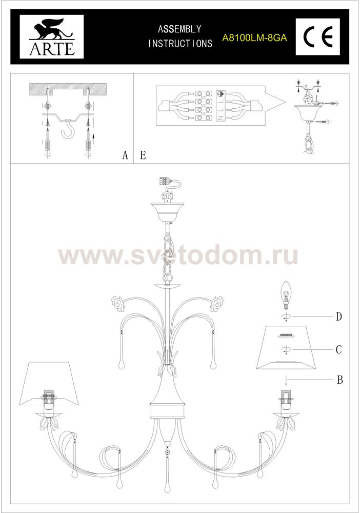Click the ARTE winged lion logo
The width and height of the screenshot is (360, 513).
pos(52,37)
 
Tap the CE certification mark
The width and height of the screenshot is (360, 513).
pos(318,36)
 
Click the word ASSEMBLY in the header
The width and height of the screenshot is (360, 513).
pos(179,29)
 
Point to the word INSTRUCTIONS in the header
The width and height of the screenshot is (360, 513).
pos(180,44)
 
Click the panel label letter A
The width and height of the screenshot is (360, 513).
pos(125,155)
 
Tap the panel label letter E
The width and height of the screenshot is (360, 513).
pos(143,155)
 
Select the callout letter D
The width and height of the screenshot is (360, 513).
pos(339,317)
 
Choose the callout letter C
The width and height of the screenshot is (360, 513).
pos(339,350)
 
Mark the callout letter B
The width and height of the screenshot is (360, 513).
pos(339,380)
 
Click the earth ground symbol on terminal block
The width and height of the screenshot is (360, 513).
pos(221,94)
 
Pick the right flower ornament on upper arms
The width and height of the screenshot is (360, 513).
pos(217,302)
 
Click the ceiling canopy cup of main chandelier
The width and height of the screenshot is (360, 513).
pos(167,211)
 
